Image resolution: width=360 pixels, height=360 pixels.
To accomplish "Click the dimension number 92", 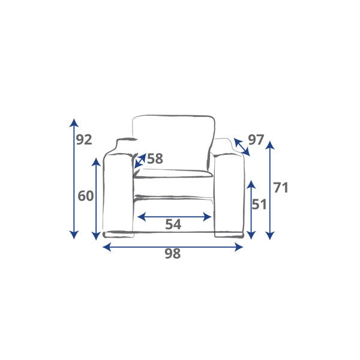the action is coord(84,140).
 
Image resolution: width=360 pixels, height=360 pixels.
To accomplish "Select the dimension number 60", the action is coord(86,196).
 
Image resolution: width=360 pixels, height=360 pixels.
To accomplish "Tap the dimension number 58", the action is coord(155,158).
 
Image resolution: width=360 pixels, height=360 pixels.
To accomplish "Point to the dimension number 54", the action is coord(173,224).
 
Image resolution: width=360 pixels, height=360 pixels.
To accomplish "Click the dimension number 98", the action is coord(173,253).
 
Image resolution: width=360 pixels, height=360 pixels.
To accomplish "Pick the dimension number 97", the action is coord(256,140).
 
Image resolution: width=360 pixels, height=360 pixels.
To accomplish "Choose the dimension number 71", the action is coord(281,188).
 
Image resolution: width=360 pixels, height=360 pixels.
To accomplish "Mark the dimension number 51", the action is coord(259,204).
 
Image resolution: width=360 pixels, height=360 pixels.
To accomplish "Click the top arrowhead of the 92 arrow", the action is coord(74,122).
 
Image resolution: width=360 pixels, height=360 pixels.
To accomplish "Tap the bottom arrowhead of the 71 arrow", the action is coord(270,236).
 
